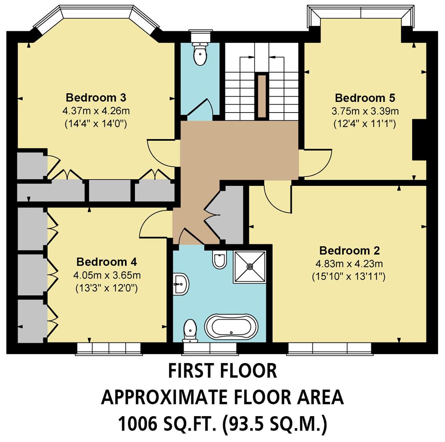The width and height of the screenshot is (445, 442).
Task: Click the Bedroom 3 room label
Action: [96, 98]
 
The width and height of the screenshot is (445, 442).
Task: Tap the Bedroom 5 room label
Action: [365, 98]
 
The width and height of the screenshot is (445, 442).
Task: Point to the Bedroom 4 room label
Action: [107, 262]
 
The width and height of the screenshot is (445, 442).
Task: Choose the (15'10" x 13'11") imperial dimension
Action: [348, 277]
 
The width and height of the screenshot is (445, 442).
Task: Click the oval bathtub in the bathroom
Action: [232, 327]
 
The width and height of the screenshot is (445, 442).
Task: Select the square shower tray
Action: [250, 266]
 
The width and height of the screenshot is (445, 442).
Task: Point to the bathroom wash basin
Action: [181, 283]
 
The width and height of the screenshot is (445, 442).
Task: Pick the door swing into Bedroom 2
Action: [278, 198]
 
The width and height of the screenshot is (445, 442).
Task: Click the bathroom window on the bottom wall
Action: [210, 348]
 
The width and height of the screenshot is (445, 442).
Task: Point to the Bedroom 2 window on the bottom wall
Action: [329, 348]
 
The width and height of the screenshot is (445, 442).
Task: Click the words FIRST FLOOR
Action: [222, 371]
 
